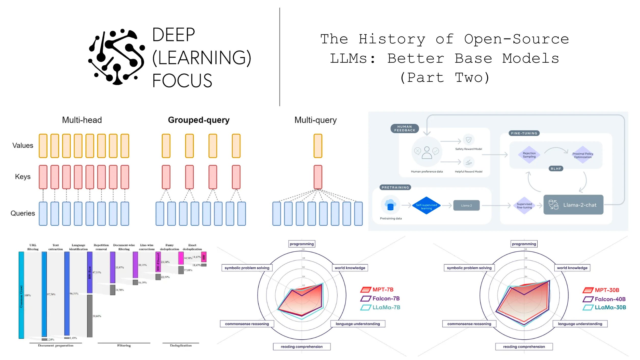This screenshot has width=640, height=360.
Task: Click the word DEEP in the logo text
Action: [x=174, y=35]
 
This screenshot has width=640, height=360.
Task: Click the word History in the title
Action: [x=392, y=39]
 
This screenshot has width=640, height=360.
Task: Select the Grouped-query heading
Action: [x=199, y=120]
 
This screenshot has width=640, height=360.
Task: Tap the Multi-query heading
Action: [x=315, y=120]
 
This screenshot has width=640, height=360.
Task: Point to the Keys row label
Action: [x=23, y=177]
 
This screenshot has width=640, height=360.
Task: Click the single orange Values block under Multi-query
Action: [x=318, y=146]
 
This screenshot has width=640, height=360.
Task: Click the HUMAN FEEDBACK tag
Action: [x=405, y=128]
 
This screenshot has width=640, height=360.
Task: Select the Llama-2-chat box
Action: [x=573, y=205]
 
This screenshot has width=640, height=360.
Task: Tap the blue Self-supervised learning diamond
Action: [x=426, y=205]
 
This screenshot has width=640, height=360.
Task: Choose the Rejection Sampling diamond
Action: [x=529, y=155]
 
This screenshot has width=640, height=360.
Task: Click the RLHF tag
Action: [x=556, y=169]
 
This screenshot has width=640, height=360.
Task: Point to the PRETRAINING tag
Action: [x=395, y=187]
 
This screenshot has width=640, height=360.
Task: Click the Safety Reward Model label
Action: [x=469, y=149]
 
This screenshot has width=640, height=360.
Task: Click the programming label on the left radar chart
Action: [x=302, y=244]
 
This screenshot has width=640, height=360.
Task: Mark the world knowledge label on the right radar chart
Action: [x=572, y=268]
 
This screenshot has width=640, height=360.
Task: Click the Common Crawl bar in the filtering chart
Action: [x=21, y=295]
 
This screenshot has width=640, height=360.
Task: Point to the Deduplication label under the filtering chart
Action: [x=181, y=345]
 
